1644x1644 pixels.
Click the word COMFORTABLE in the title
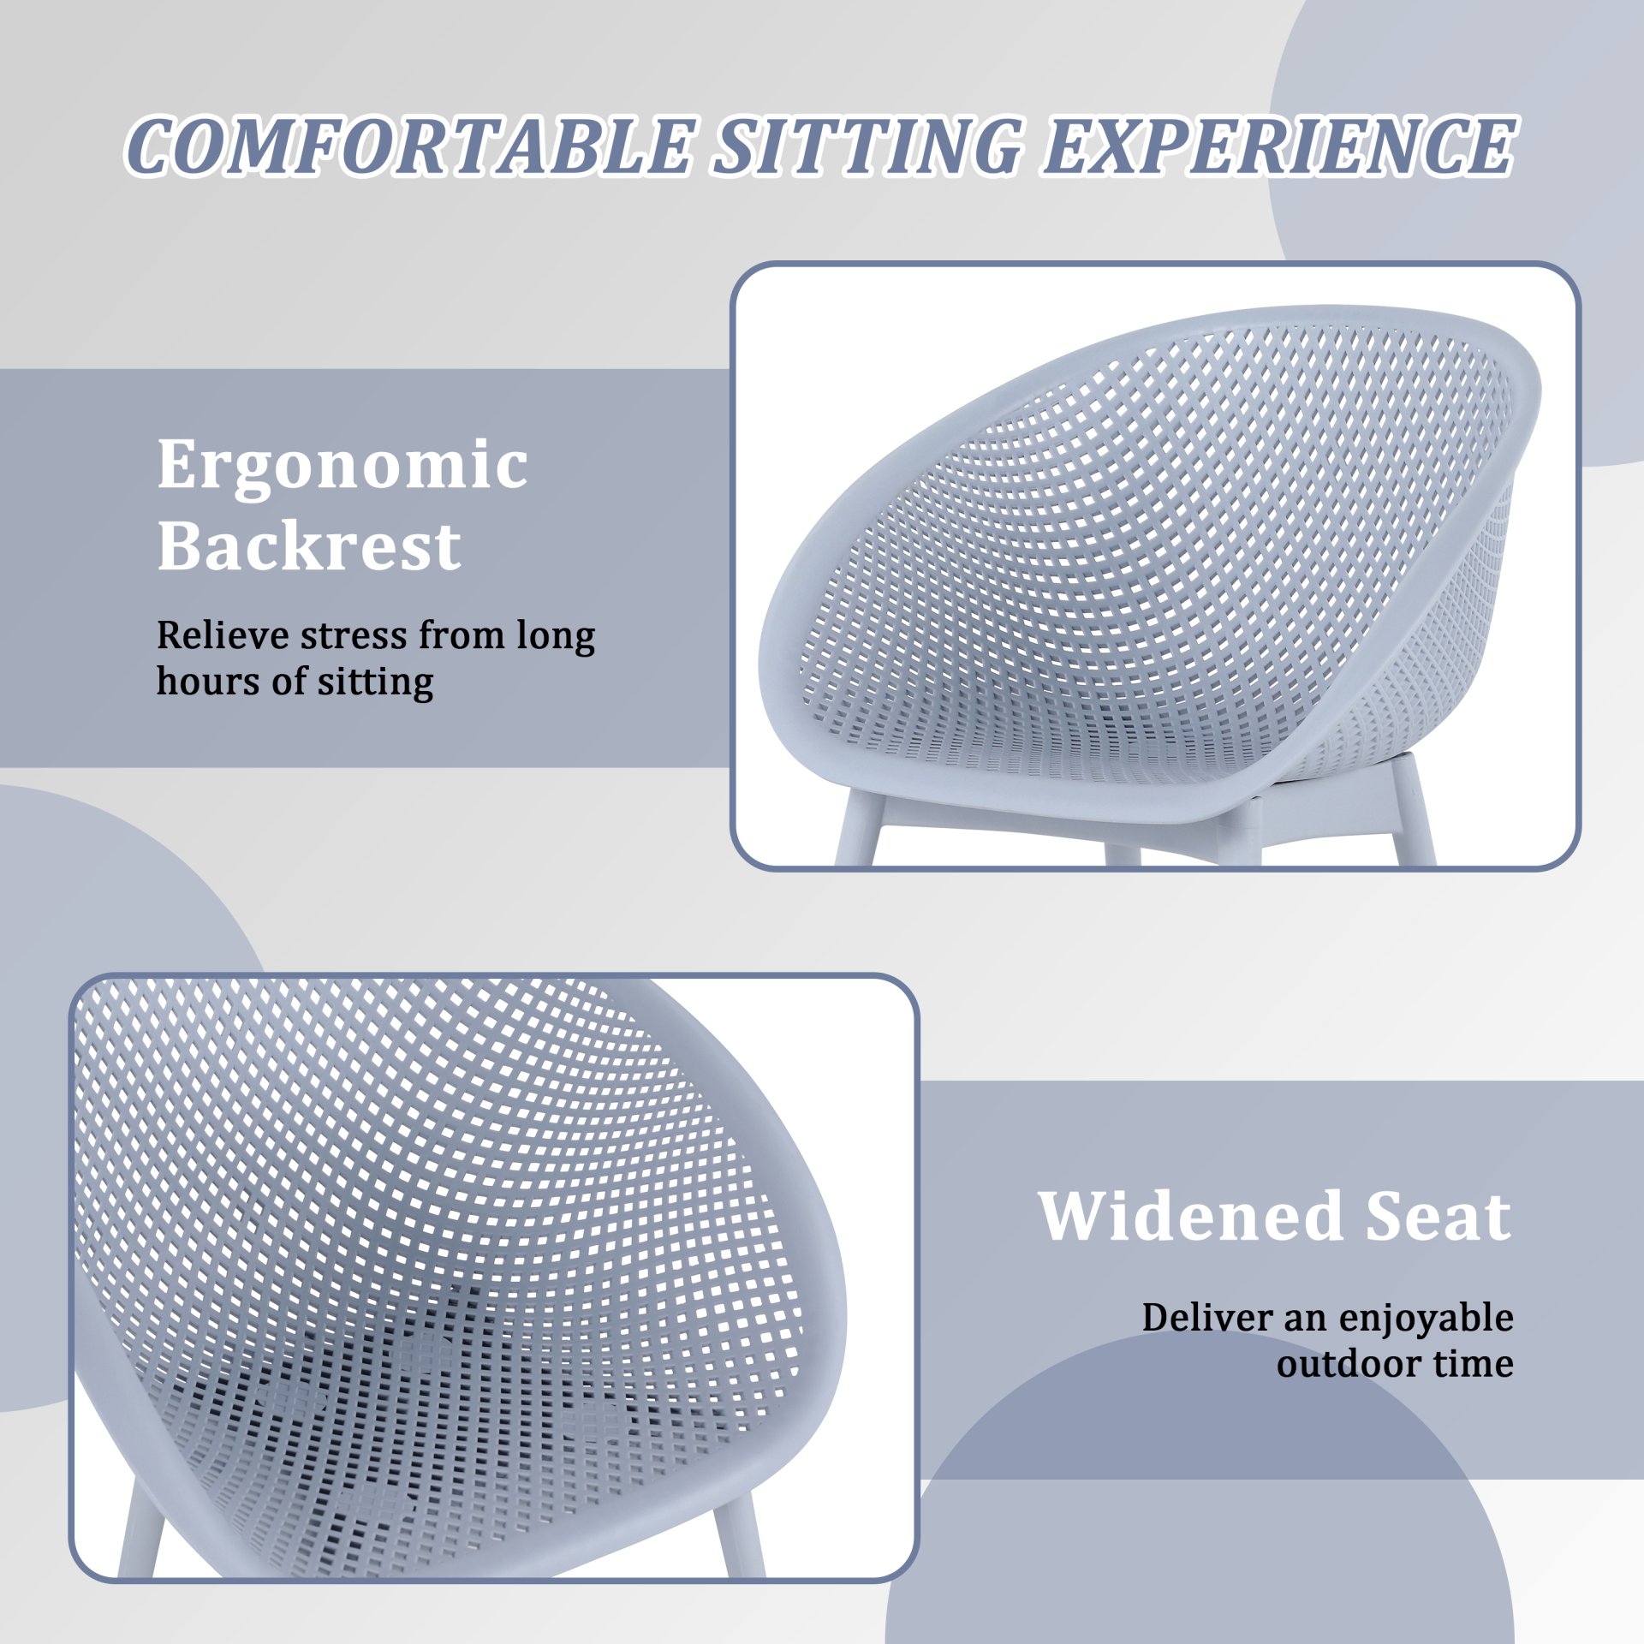409,146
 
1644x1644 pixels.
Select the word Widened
1190,1215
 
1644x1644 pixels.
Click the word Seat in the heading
1438,1215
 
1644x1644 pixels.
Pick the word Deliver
1206,1318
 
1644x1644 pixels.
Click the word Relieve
223,635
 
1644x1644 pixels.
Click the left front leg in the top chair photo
856,829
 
